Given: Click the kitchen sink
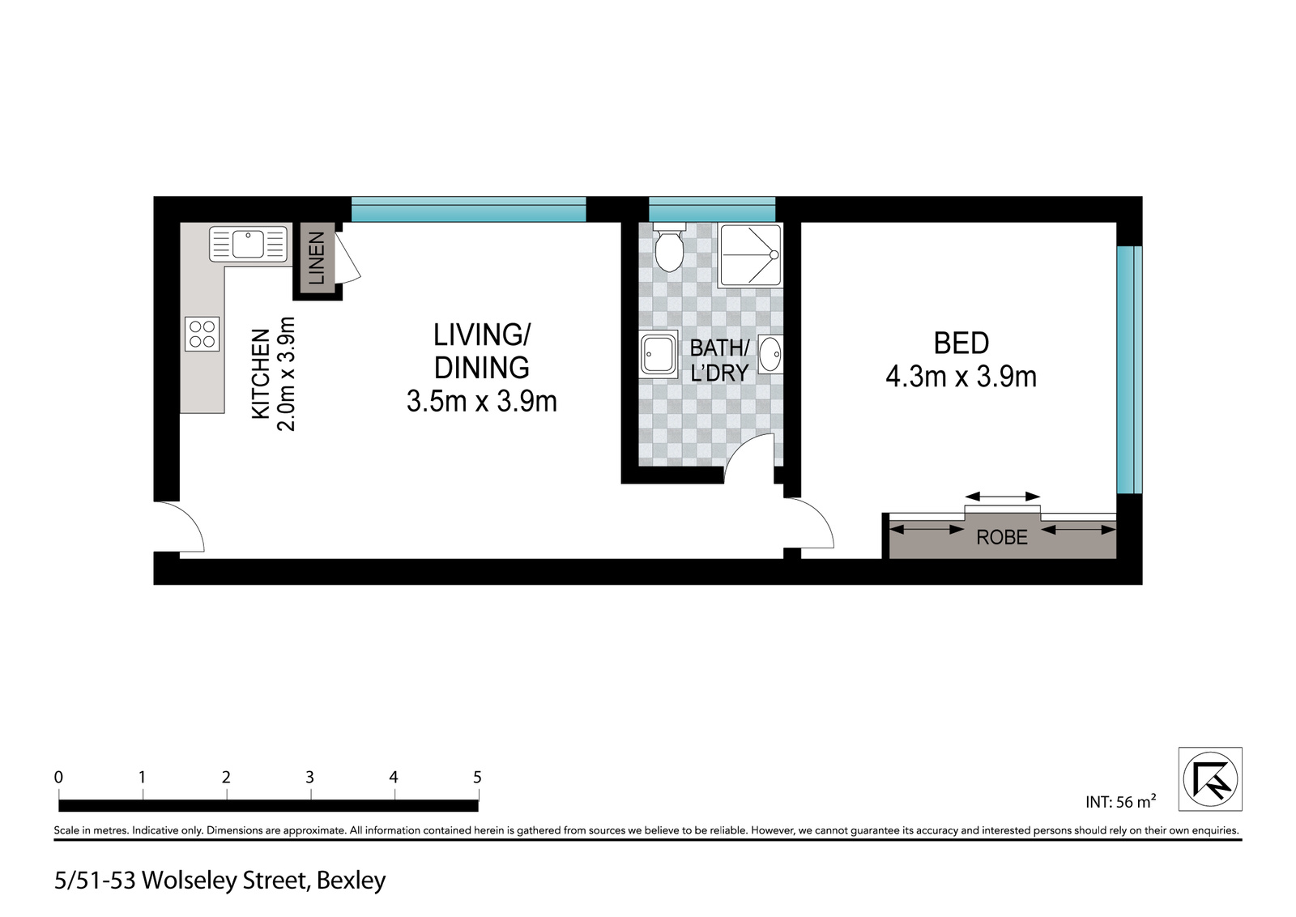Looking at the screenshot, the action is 248,244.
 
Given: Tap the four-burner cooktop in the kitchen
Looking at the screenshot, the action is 202,334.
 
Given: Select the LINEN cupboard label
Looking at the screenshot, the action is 317,258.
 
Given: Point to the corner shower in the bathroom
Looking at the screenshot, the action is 750,255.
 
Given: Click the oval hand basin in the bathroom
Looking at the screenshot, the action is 770,354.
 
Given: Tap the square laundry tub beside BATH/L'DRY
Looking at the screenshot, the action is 659,354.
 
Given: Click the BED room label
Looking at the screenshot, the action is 961,343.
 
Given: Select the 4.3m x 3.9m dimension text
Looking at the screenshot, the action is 961,377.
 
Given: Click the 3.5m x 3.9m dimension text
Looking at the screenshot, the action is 481,402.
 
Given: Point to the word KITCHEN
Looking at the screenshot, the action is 261,373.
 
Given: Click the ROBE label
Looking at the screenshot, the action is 1002,537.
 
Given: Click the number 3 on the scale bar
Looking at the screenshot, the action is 309,777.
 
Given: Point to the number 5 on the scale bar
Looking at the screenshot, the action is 477,777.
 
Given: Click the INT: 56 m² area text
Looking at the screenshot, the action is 1121,801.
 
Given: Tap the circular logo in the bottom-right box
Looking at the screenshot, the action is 1210,778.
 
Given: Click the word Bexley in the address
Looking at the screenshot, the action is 352,881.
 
